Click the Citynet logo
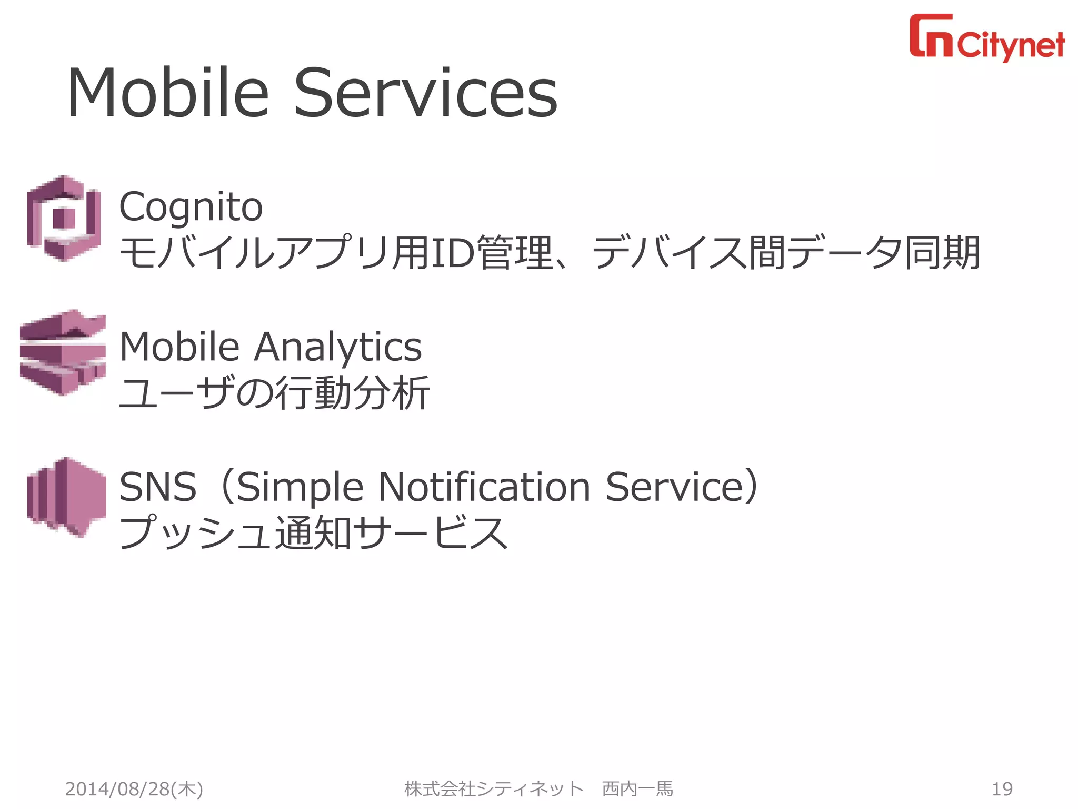987,37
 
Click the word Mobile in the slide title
168,93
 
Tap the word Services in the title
425,93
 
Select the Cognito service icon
64,218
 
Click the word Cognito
191,207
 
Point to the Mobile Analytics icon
63,352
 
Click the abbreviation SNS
158,487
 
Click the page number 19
1002,788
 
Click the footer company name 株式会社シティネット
494,788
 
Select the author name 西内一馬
637,788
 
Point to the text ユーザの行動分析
274,393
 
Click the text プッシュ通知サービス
314,533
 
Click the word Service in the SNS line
676,487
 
